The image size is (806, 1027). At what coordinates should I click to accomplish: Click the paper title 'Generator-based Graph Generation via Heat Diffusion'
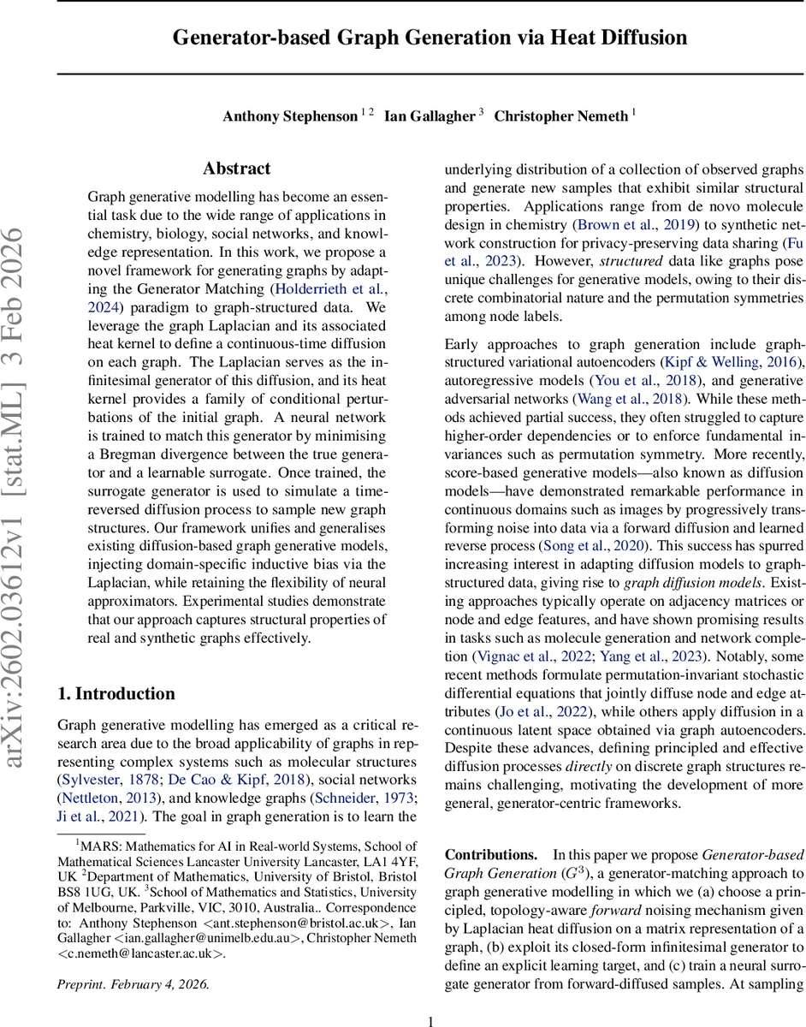click(x=430, y=38)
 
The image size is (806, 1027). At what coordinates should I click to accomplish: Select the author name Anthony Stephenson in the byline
click(x=289, y=116)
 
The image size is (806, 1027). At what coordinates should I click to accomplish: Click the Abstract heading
click(x=237, y=169)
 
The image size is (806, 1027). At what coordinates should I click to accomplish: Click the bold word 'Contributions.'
click(x=490, y=854)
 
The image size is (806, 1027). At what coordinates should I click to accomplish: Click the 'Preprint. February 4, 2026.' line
click(x=133, y=959)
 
